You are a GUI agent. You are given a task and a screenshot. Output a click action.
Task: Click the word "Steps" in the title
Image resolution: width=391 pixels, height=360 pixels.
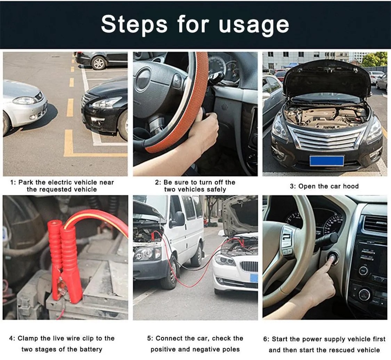coord(134,24)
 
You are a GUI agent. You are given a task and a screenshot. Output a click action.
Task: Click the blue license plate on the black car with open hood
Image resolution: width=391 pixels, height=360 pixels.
coord(327,161)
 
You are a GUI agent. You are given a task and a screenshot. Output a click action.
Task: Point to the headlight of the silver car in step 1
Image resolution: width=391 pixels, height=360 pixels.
coord(24,101)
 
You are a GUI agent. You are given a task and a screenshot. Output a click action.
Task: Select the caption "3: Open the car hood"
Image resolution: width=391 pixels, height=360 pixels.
coord(324,186)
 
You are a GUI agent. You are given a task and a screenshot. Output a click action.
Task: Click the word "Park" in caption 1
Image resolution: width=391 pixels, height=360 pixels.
coord(26,182)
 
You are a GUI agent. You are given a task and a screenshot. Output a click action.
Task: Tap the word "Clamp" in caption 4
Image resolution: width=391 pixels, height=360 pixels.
coord(28,338)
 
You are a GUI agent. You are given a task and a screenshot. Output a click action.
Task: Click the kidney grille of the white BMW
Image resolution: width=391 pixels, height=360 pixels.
coord(249,266)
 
